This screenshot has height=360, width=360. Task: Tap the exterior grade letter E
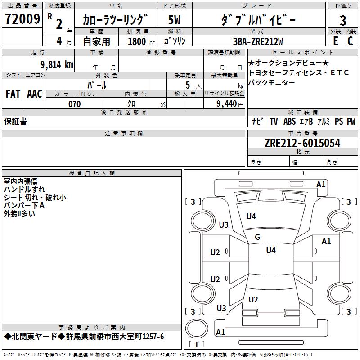[x=335, y=40]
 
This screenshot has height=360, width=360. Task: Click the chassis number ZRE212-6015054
[x=302, y=143]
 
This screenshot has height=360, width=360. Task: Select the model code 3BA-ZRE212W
[x=258, y=41]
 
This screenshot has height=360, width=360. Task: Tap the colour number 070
[x=74, y=104]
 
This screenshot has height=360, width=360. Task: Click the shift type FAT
[x=13, y=94]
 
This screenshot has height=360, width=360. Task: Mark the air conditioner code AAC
[x=35, y=94]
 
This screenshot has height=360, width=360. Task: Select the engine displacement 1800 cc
[x=139, y=41]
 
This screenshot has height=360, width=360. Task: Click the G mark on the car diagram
[x=257, y=237]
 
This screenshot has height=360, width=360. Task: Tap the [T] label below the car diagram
[x=196, y=344]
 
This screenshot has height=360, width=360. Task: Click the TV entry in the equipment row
[x=274, y=121]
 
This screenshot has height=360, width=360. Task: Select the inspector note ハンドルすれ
[x=25, y=189]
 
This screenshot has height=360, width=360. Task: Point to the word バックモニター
[x=272, y=82]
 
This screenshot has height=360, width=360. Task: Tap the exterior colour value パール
[x=97, y=85]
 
